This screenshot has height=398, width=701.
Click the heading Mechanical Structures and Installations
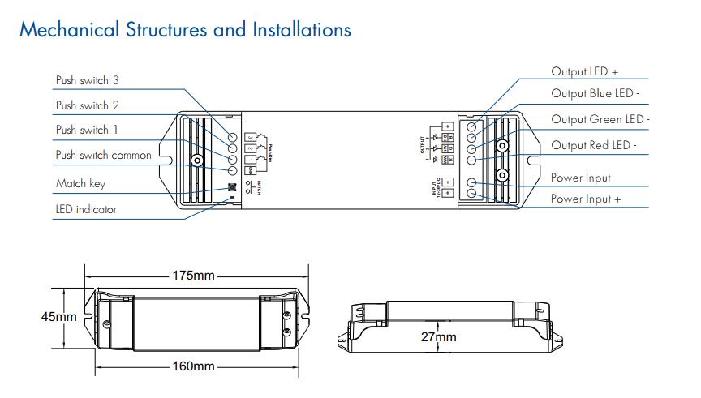point(185,30)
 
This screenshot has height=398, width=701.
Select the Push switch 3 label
point(88,81)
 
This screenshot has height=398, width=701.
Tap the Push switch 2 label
point(88,105)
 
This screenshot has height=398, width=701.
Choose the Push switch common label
point(103,155)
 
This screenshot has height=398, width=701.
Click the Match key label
point(80,183)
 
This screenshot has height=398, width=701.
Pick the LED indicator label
point(86,209)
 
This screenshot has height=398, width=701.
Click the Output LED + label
point(584,72)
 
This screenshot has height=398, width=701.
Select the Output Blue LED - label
point(596,94)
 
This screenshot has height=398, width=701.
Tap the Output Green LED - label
point(600,120)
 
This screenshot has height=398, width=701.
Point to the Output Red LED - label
point(594,146)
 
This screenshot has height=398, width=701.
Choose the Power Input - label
point(583,178)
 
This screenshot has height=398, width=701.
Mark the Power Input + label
point(586,199)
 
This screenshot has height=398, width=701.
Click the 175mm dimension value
point(193,276)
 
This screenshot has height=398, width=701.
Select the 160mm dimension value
point(193,366)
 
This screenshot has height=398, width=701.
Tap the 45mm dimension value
point(58,317)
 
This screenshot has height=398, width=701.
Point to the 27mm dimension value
point(438,336)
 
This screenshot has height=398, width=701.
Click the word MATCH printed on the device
point(258,187)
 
